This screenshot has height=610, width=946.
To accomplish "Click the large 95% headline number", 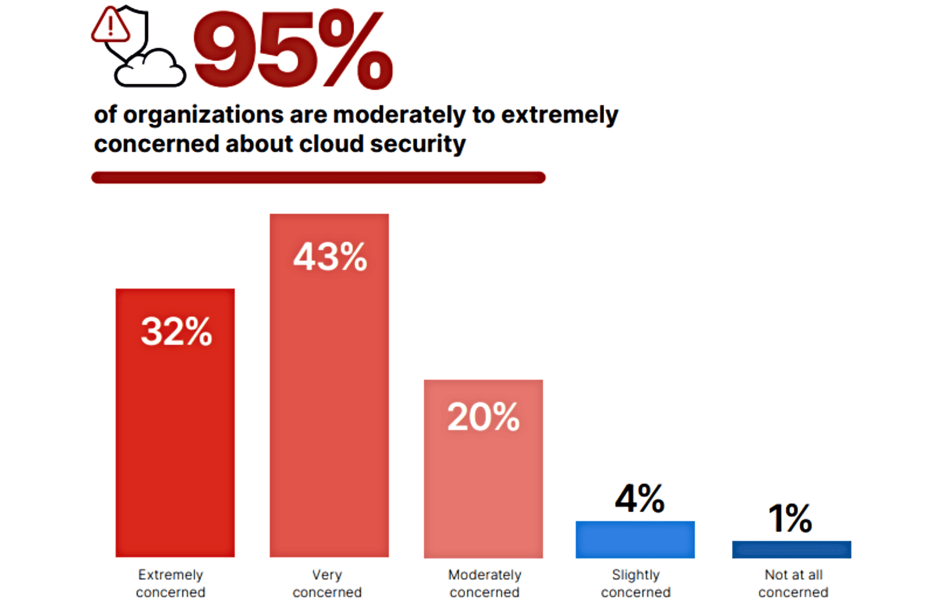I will [292, 50].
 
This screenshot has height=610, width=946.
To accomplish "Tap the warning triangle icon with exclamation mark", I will [111, 26].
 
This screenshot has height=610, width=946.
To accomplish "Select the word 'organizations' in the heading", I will [203, 115].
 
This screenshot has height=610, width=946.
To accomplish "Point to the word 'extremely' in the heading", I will [559, 115].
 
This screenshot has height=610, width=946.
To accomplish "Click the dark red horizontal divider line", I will [318, 177].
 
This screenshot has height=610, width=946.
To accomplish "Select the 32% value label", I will [176, 332].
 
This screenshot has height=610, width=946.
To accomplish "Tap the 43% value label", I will [330, 257].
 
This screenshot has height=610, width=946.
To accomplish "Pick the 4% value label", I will [639, 498].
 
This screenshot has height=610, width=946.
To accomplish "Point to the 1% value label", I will [790, 518].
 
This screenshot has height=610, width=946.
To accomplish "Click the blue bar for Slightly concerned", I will [635, 539].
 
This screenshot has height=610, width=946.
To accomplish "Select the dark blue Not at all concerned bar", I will [791, 550].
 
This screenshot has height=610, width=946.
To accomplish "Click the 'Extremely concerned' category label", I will [170, 583].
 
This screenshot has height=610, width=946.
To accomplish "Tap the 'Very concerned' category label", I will [327, 583].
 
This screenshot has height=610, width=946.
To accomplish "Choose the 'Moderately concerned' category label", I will [485, 583].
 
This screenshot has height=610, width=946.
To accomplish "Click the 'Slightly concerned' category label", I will [636, 583].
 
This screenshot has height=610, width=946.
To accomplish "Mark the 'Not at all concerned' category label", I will [793, 583].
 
